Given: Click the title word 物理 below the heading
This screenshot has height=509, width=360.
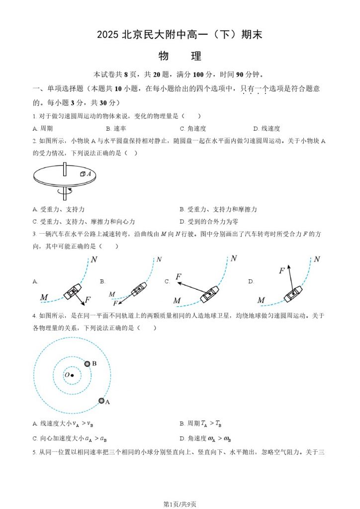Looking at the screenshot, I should point(180,56).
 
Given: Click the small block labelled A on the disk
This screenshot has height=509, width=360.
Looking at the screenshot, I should point(83,174).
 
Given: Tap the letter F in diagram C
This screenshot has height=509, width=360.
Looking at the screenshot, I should point(179,276).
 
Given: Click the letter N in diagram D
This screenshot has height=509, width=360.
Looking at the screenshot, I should point(317,259).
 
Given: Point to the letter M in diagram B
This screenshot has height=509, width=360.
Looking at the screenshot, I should point(112,294).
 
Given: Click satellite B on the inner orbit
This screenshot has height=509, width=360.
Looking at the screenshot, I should point(88,364).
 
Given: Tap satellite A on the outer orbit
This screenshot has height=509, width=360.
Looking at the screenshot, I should point(101,401).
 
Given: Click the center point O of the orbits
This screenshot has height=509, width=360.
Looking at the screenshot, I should point(72,375).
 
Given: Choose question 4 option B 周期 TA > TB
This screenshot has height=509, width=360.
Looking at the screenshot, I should point(200,424).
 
